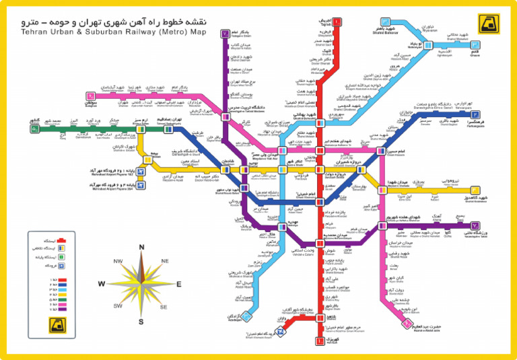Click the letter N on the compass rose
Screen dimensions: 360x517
141,247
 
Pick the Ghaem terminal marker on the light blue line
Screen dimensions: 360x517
475,48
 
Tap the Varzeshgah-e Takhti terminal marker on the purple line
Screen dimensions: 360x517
475,226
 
